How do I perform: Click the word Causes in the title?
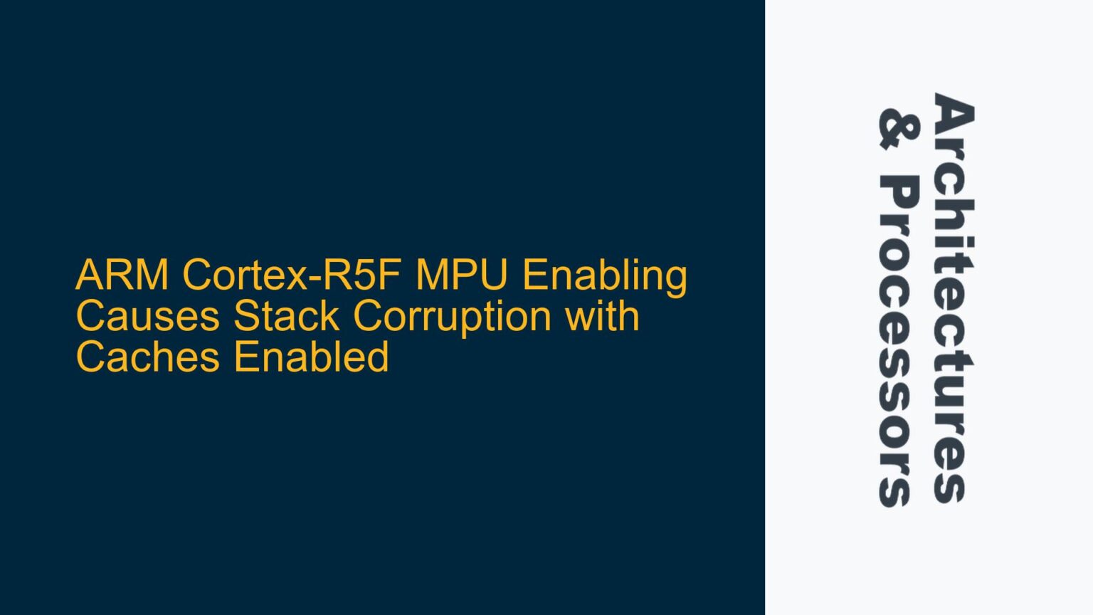[x=147, y=316]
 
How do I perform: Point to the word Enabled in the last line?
[x=311, y=357]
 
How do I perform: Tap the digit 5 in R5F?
[x=366, y=275]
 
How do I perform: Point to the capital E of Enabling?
[x=535, y=275]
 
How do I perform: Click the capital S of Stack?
[x=246, y=316]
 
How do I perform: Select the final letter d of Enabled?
[x=378, y=357]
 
